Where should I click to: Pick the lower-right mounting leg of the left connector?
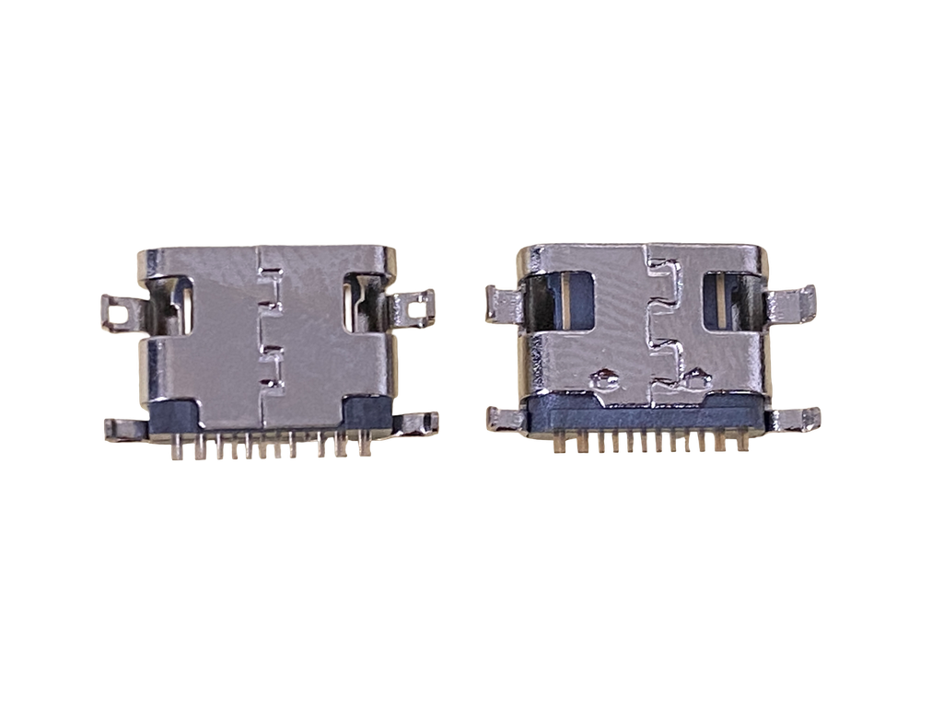pos(419,423)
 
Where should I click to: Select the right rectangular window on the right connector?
pos(731,298)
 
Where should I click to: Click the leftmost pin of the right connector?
pos(559,445)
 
